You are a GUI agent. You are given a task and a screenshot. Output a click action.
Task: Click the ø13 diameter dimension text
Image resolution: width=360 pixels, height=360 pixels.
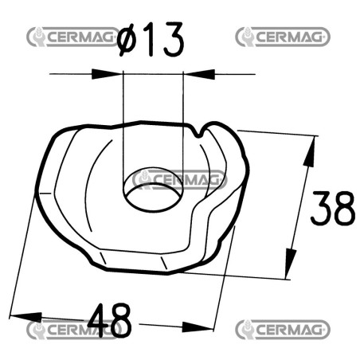[151, 39]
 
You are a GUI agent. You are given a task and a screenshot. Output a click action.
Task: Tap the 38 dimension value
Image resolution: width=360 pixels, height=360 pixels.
[333, 208]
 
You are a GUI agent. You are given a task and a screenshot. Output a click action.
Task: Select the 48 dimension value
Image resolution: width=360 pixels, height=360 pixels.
[110, 320]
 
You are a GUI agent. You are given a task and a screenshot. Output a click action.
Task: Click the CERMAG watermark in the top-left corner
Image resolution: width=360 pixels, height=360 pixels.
[73, 37]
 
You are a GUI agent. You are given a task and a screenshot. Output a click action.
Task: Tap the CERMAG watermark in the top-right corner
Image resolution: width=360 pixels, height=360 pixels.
[283, 37]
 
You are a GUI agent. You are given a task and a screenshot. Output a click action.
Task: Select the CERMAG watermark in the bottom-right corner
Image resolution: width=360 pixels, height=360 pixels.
[283, 330]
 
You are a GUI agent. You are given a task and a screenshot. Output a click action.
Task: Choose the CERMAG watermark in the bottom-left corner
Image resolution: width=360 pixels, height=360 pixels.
[73, 330]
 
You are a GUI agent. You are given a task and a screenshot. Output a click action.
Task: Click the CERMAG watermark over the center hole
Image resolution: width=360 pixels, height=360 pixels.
[179, 180]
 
